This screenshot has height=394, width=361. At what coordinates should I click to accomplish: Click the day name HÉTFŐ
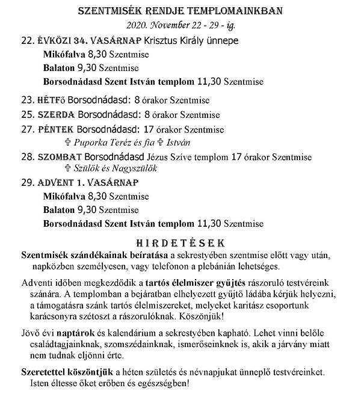(52, 100)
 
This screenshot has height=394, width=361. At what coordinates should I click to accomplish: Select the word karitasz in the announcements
(255, 305)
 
